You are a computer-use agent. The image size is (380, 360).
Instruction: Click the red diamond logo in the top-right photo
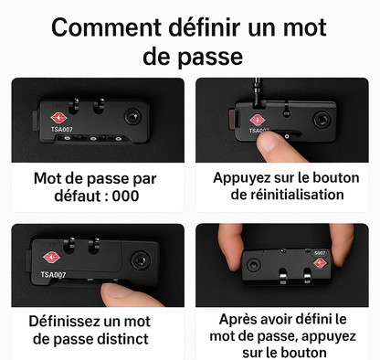pyautogui.click(x=259, y=120)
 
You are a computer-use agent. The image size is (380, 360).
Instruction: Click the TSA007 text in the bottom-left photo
pyautogui.click(x=53, y=273)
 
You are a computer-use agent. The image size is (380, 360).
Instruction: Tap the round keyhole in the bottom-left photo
pyautogui.click(x=142, y=261)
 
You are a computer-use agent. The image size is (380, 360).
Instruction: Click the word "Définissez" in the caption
pyautogui.click(x=69, y=321)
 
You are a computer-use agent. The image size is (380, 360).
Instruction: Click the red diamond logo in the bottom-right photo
pyautogui.click(x=321, y=264)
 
